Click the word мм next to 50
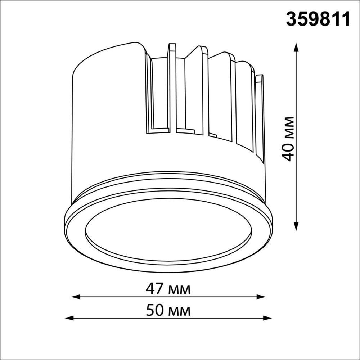coord(180,311)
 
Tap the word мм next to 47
coord(180,289)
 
